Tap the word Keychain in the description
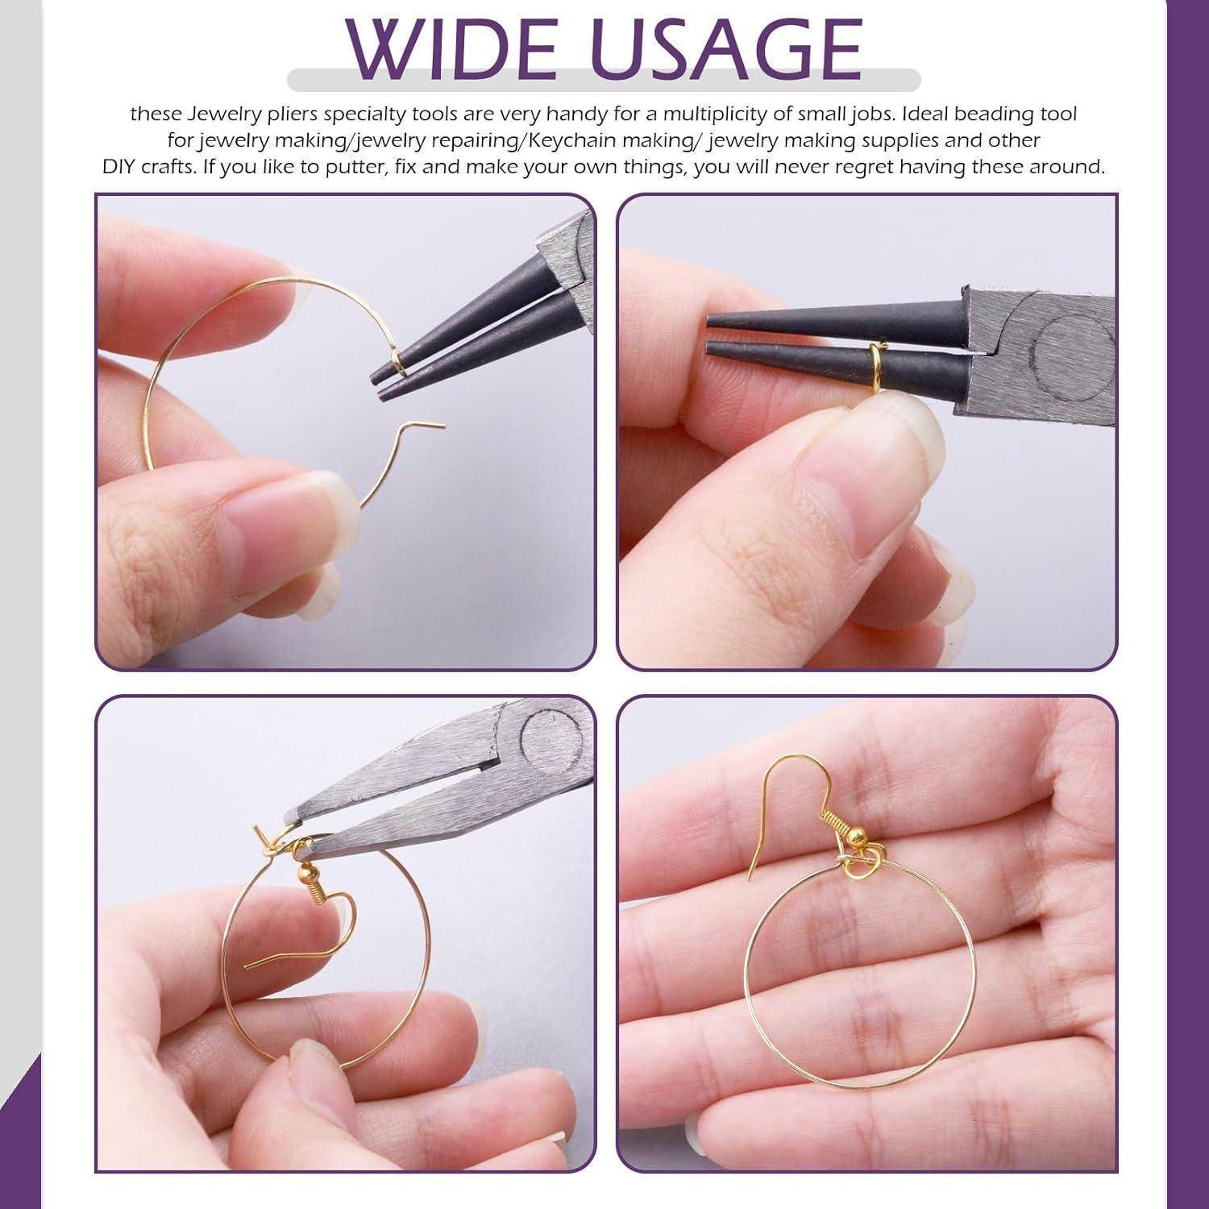click(575, 140)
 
